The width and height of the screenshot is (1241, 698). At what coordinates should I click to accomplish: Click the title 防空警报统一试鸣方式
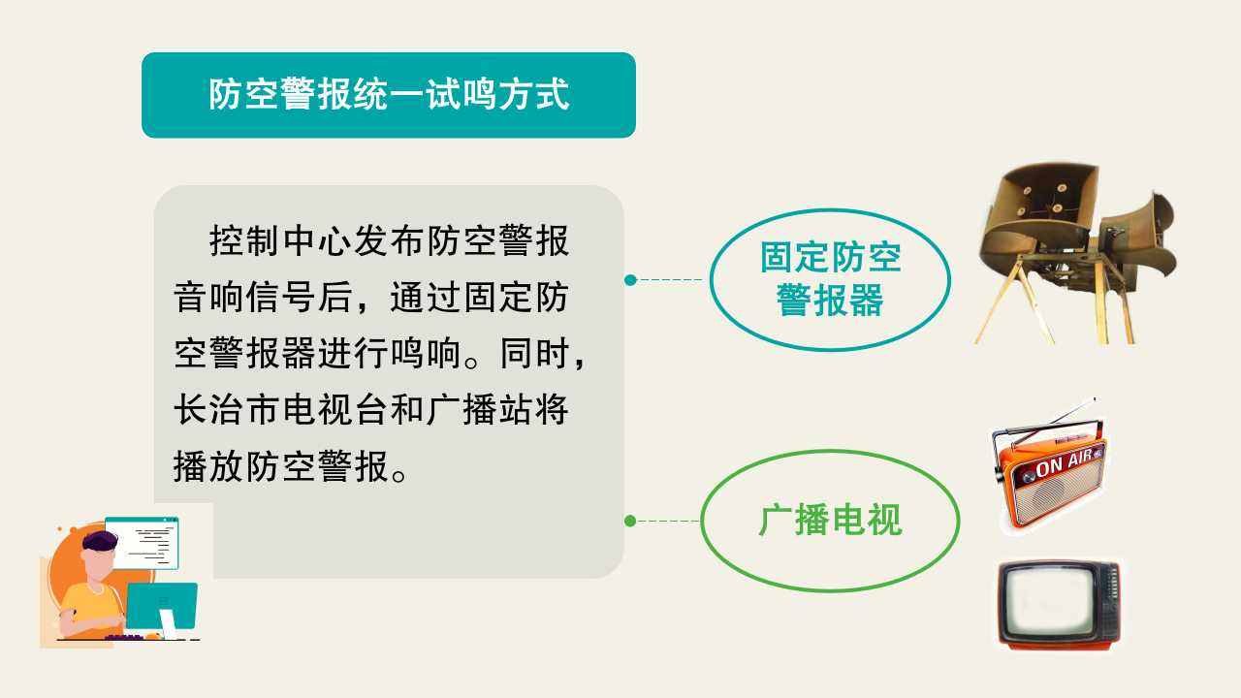point(389,94)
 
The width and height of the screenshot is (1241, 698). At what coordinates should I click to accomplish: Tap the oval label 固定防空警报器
point(830,279)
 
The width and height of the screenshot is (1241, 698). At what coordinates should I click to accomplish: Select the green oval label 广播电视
point(830,521)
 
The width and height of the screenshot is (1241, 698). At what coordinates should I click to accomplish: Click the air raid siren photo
point(1075,253)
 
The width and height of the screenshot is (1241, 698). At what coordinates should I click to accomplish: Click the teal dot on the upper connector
point(630,280)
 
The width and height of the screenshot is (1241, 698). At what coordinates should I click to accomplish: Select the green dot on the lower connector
point(630,521)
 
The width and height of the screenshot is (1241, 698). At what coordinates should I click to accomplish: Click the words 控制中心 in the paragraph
point(280,240)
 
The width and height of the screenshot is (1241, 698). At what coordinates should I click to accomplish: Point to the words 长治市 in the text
point(227,410)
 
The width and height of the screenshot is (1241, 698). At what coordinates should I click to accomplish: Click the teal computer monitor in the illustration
point(162,606)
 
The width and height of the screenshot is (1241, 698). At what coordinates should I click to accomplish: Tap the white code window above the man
point(142,543)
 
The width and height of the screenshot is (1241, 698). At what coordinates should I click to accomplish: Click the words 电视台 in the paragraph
point(334,410)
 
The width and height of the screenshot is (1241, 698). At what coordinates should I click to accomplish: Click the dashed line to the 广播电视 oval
point(668,521)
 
